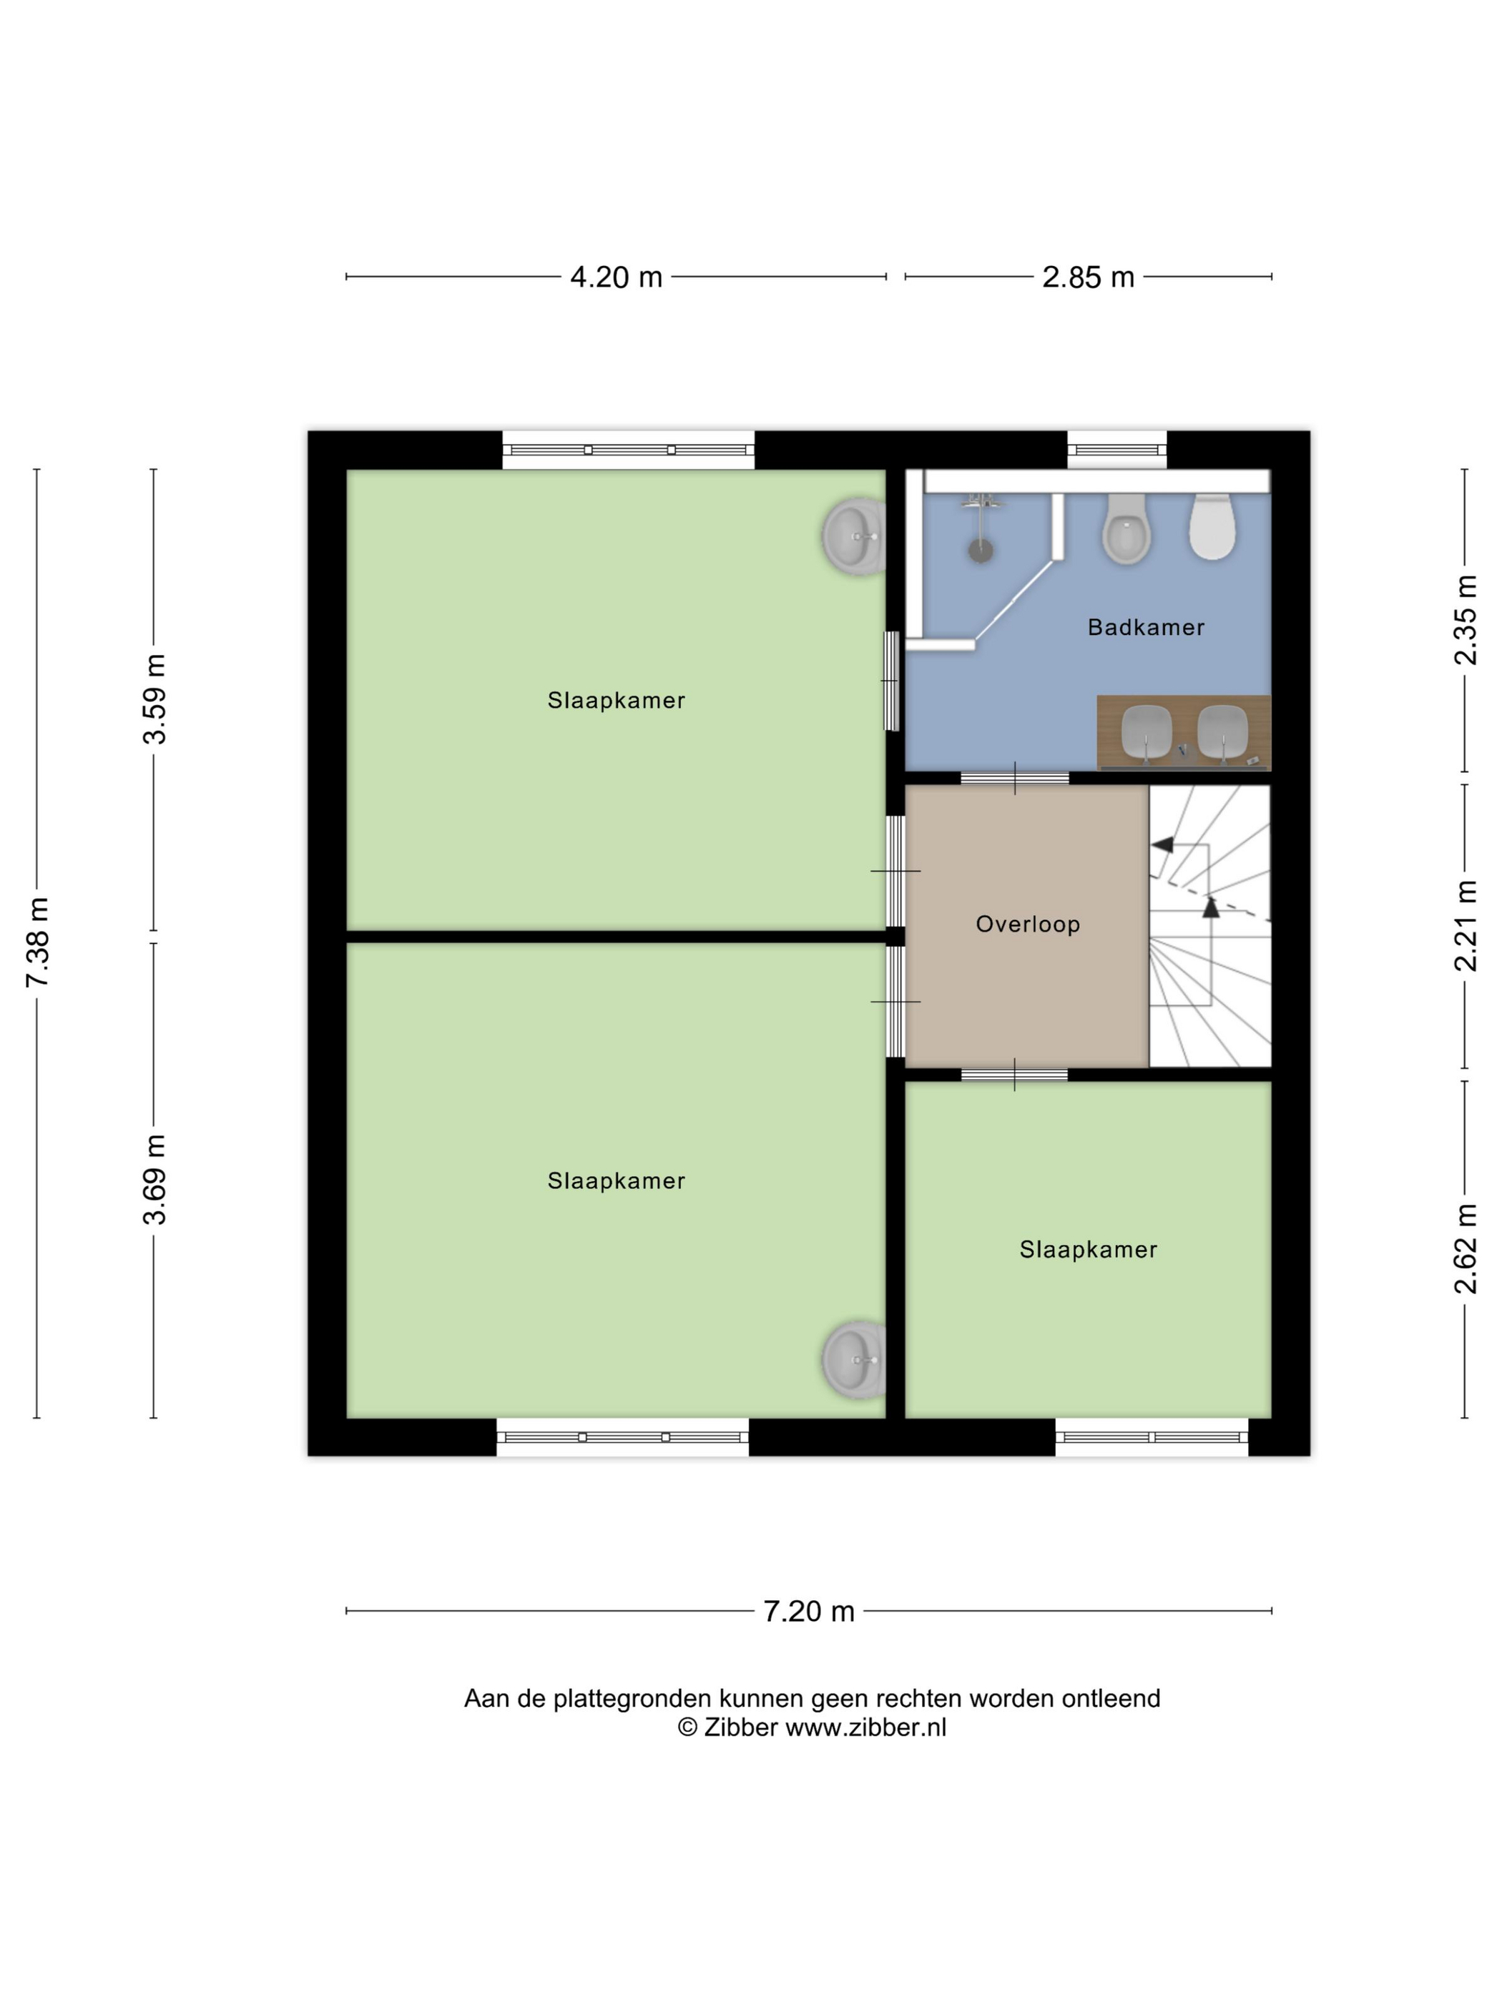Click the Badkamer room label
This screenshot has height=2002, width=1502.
(1145, 627)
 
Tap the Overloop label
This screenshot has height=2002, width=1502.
(1028, 924)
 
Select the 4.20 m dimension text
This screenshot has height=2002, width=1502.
(616, 277)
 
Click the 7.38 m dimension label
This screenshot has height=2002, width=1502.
(37, 942)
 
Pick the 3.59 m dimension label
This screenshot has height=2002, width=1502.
(154, 699)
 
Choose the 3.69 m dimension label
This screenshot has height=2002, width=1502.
(154, 1179)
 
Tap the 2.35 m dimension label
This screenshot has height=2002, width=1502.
(1465, 620)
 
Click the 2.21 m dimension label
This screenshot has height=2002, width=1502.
(1465, 926)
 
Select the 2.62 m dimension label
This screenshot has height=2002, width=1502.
(1465, 1249)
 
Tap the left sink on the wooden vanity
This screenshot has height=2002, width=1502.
(1147, 731)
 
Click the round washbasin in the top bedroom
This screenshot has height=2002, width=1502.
(852, 536)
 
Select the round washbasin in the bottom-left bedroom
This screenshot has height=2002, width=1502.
(852, 1359)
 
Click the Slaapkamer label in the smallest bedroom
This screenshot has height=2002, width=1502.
(1089, 1250)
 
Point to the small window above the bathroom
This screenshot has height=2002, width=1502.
(1116, 450)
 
